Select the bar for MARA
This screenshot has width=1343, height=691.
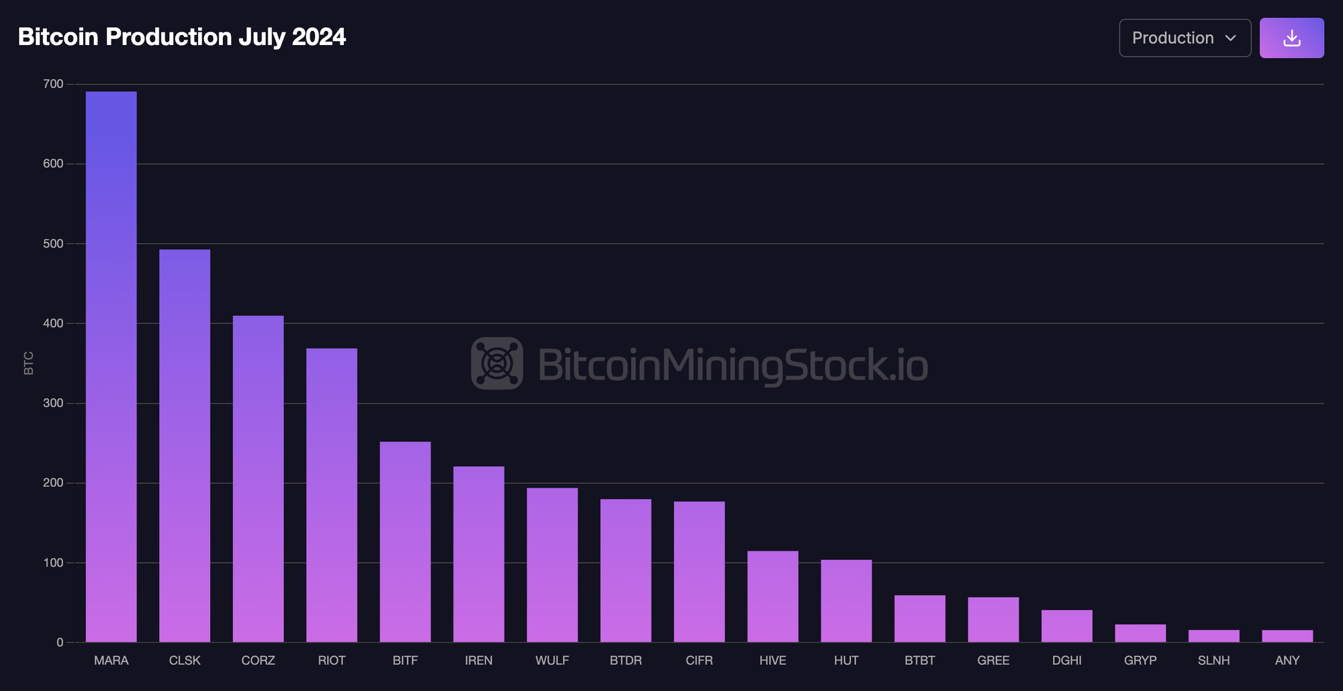111,367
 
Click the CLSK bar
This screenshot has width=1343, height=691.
185,446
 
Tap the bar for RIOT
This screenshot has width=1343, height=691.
332,495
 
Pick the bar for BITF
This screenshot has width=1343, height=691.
405,541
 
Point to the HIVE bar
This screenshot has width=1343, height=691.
773,596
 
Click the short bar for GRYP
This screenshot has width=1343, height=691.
1140,633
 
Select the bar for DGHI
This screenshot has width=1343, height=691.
1067,626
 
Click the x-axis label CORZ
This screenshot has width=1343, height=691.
258,661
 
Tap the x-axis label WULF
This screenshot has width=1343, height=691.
552,661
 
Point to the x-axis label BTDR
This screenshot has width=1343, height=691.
626,661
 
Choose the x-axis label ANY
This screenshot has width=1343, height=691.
1287,661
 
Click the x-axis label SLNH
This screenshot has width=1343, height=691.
1213,661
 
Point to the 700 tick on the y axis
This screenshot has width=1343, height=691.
53,84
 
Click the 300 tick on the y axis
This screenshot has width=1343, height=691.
53,403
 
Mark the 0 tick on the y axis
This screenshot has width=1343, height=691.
60,643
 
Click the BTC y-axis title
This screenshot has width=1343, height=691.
29,363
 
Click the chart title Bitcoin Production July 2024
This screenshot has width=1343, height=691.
182,37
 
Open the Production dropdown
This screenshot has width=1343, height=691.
1185,38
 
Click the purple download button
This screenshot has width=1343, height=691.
1291,38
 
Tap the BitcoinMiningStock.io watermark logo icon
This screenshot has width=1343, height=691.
497,363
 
